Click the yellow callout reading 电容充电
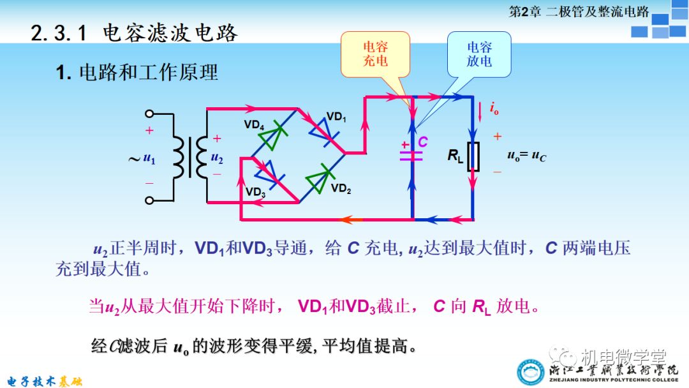pos(375,54)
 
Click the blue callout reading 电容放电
pos(479,54)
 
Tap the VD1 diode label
pos(336,117)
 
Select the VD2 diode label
pos(341,188)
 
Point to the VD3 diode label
pos(255,192)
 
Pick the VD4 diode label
pos(254,125)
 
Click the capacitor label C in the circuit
pos(422,142)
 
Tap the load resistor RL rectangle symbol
pos(473,156)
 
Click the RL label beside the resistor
pos(455,156)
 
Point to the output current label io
pos(494,109)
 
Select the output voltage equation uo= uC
pos(526,156)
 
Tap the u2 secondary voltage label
pos(218,158)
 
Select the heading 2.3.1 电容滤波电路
pos(134,33)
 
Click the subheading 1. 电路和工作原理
pos(137,73)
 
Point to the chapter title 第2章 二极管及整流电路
pos(579,11)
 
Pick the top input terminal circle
pos(149,114)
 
